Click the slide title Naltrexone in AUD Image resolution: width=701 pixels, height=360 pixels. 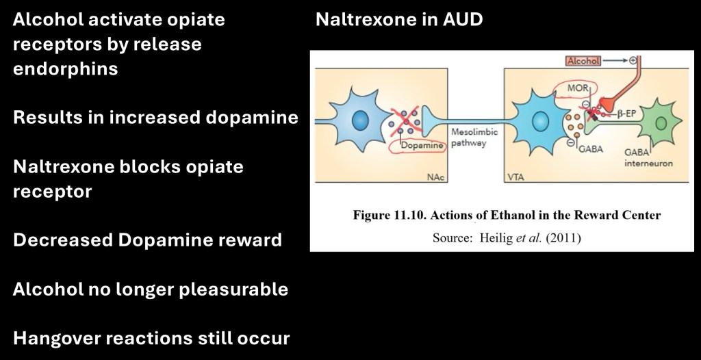coord(399,19)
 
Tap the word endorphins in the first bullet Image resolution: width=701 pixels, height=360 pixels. coord(65,69)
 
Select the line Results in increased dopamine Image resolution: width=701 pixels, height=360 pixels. coord(155,118)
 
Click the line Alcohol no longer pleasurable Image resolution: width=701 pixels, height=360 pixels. coord(150,290)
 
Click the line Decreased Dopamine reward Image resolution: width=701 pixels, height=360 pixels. coord(147,240)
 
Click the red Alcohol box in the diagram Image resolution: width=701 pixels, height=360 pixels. coord(583,61)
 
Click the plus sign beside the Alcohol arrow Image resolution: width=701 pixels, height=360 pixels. coord(633,60)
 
